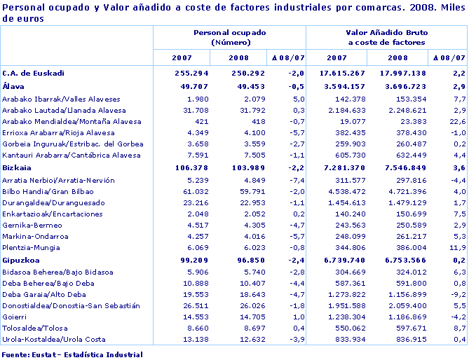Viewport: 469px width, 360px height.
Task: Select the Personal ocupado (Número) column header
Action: tap(230, 38)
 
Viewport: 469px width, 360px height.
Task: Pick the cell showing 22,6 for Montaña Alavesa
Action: tap(456, 121)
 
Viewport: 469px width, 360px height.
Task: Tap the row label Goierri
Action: tap(15, 317)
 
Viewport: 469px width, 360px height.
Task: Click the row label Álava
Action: tap(13, 85)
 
